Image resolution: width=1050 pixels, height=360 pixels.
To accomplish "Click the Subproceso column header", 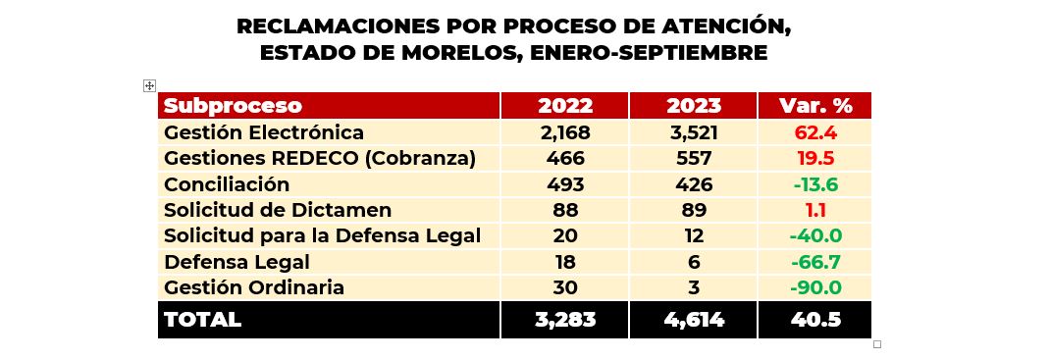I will tap(234, 106).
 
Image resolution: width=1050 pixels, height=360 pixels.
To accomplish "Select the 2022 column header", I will tap(565, 106).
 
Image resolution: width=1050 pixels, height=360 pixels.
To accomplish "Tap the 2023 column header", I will tap(693, 106).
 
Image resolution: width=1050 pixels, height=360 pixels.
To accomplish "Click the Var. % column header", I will tap(814, 106).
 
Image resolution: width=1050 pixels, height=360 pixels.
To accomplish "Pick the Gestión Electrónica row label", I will tap(264, 132).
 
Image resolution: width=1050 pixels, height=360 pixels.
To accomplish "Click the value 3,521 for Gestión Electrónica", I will tap(693, 132).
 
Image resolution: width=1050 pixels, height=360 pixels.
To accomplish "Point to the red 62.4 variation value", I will tap(814, 132).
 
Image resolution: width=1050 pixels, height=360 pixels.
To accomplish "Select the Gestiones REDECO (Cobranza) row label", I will tap(320, 158).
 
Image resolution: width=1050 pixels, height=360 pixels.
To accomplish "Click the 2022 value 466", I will tap(565, 158).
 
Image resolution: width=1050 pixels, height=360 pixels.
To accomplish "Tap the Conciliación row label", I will tap(227, 184).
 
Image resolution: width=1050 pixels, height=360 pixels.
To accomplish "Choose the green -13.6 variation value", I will tap(814, 184).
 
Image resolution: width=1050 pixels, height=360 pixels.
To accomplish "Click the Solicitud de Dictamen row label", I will tap(278, 210).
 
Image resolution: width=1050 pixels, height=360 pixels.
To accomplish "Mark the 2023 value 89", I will tap(693, 210).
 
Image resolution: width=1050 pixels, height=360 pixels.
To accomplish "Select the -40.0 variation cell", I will tap(814, 235).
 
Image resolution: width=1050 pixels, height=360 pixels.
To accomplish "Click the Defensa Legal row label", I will tap(236, 262).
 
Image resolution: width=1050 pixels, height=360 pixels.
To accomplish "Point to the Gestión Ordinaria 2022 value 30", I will tap(565, 287).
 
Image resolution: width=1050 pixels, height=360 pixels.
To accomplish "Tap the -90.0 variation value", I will tap(814, 287).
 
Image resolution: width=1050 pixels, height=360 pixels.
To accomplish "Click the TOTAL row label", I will tap(202, 320).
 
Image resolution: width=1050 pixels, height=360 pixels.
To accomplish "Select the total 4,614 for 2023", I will tap(693, 320).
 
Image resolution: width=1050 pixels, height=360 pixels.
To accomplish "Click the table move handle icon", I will tap(149, 86).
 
